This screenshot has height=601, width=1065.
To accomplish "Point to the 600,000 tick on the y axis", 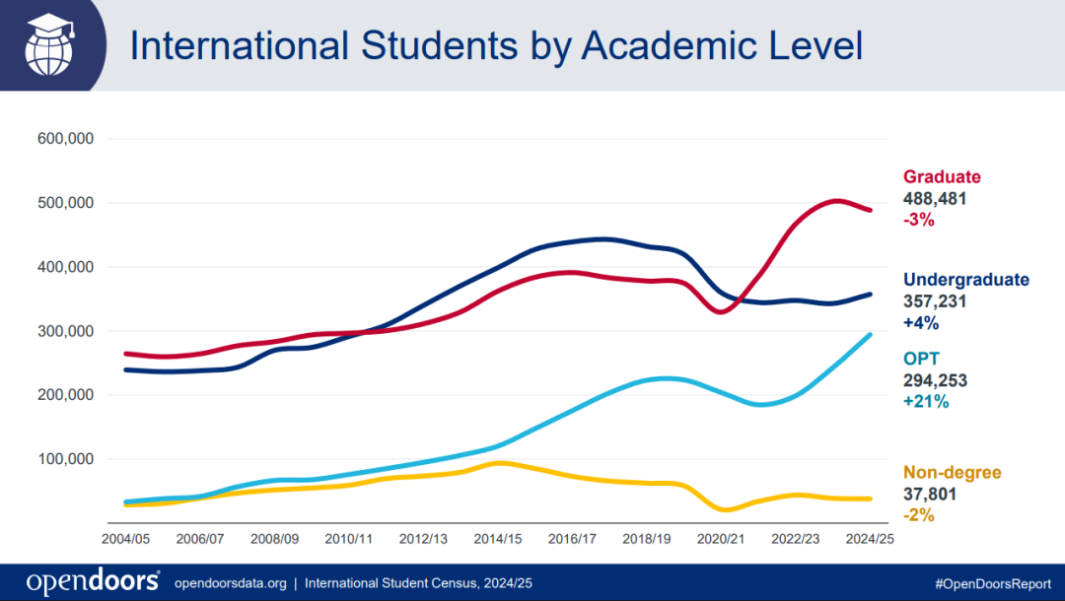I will click(x=65, y=139).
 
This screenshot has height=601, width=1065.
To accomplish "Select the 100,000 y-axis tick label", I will click(x=65, y=459).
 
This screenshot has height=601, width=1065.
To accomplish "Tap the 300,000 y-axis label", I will click(x=65, y=331).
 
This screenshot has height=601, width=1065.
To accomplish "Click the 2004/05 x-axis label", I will click(x=126, y=539).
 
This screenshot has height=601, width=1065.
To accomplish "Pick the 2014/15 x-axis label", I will click(x=498, y=539).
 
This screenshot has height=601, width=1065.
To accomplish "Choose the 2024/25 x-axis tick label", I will click(x=870, y=539).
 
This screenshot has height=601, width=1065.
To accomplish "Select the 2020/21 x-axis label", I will click(x=721, y=539).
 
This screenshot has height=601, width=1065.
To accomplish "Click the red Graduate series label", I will click(x=942, y=177).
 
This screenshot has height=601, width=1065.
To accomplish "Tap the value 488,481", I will click(x=935, y=199).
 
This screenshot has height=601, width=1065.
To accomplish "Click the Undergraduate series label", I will click(x=965, y=280).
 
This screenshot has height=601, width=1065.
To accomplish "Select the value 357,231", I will click(x=935, y=301).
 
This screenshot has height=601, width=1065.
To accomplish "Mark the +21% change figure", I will click(x=925, y=402).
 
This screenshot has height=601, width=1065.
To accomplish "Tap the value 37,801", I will click(x=930, y=493).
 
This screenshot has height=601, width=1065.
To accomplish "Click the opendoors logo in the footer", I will click(x=94, y=581).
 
